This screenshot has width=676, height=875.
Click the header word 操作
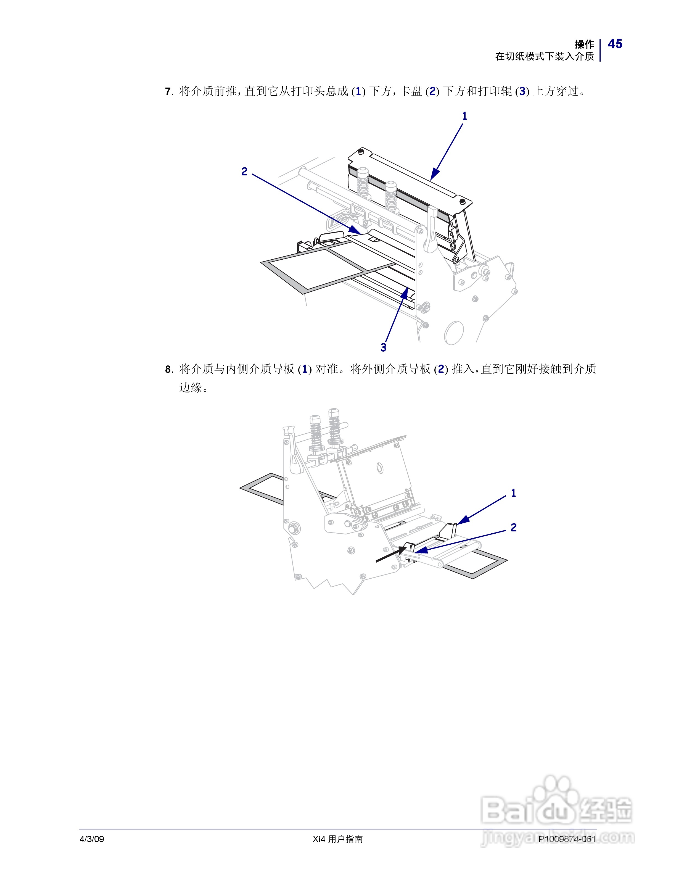click(584, 44)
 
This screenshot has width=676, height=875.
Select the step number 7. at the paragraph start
click(169, 92)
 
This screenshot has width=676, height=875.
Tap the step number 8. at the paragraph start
click(169, 369)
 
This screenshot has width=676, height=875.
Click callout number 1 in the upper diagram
click(464, 116)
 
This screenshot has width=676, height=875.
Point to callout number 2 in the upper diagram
click(244, 172)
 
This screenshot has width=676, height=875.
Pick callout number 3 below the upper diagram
click(383, 347)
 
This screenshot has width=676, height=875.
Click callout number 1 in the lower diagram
click(513, 493)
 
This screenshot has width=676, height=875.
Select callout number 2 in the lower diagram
click(513, 528)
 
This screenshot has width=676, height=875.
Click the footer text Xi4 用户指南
click(338, 839)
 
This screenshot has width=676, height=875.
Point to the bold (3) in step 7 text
click(522, 92)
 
